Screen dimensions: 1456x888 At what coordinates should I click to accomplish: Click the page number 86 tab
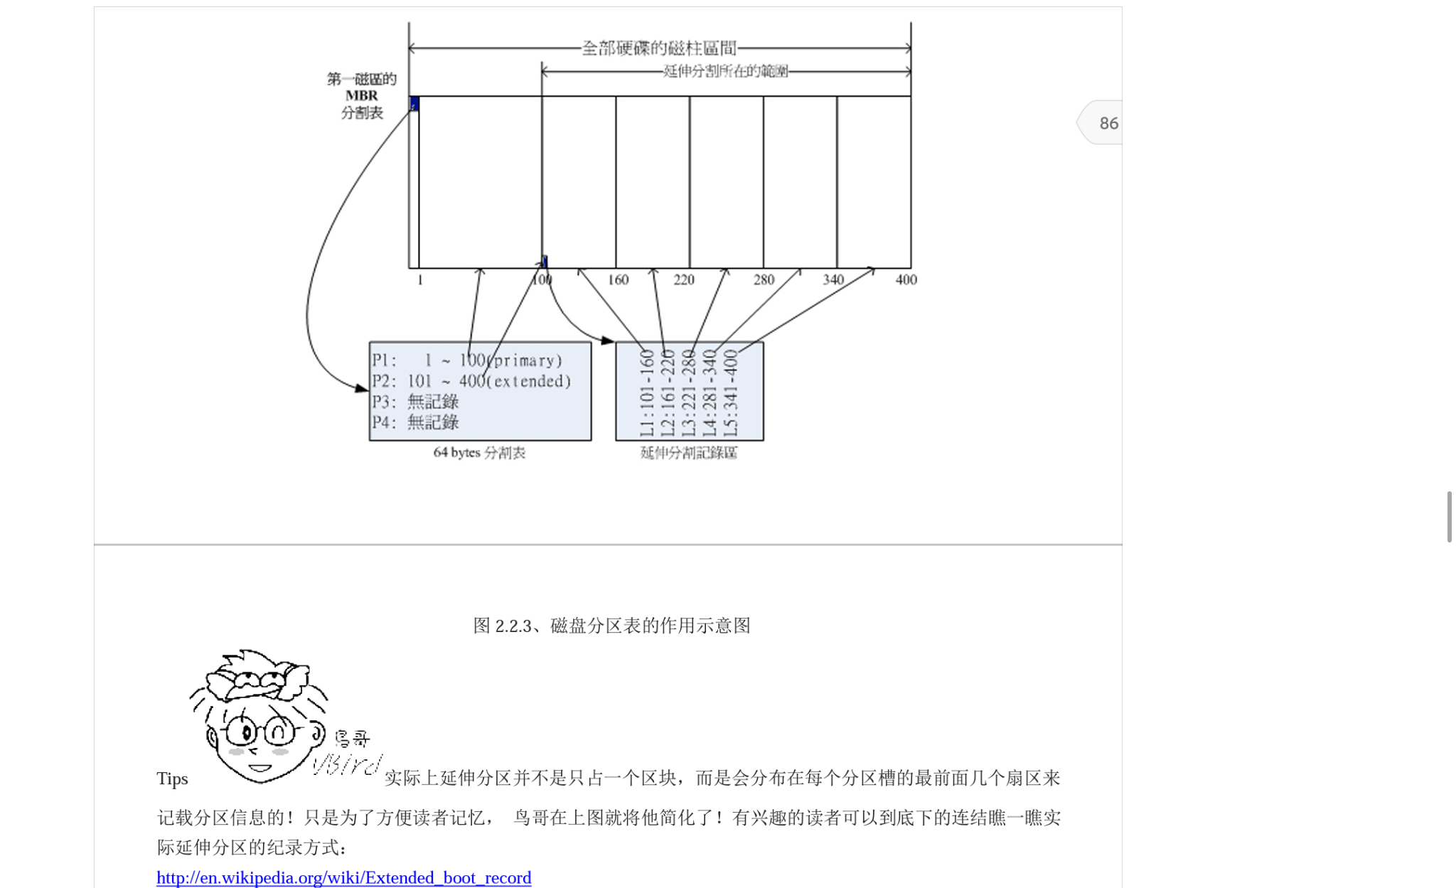(x=1107, y=123)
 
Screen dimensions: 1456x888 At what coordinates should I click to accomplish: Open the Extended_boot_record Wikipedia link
(x=343, y=877)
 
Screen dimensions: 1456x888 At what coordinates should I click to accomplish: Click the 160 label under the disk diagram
(x=618, y=280)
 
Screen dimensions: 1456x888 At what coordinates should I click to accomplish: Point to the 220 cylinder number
(x=684, y=280)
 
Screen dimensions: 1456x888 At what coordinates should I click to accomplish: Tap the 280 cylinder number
(x=764, y=280)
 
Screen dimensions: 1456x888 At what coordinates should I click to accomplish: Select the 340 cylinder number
(x=833, y=280)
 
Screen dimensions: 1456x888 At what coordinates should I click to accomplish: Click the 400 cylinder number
(x=906, y=280)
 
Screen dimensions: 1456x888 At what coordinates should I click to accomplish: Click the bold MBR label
(x=362, y=96)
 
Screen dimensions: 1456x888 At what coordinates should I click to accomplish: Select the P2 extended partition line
(x=471, y=381)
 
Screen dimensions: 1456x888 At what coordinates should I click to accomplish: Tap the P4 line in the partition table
(x=415, y=422)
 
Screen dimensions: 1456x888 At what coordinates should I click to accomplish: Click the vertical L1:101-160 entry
(x=646, y=392)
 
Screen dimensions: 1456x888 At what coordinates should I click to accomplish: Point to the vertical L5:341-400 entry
(x=730, y=392)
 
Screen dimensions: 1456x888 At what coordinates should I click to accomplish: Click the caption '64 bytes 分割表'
(x=479, y=453)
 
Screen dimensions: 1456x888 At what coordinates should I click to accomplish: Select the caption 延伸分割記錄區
(x=688, y=453)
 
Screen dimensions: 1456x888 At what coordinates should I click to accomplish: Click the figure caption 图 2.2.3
(x=611, y=626)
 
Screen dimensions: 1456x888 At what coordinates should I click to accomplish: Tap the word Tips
(x=172, y=779)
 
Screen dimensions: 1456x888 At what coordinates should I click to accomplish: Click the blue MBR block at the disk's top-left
(x=414, y=105)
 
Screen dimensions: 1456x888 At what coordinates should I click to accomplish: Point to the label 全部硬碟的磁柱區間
(x=659, y=48)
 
